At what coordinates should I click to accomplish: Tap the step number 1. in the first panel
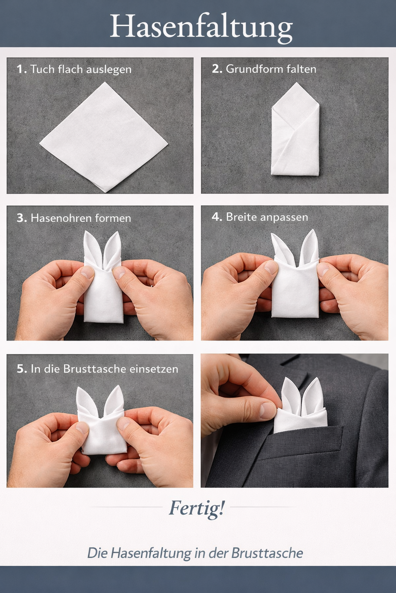tap(22, 69)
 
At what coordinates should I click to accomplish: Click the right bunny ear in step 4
tap(309, 246)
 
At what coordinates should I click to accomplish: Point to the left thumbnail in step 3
tap(87, 272)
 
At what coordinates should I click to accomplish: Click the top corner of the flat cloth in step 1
tap(105, 82)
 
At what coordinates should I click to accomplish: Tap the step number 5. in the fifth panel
tap(22, 369)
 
